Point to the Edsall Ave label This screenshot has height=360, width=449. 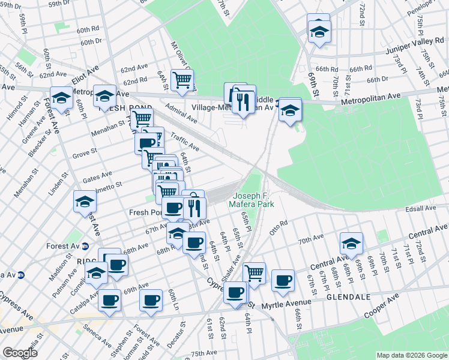point(421,208)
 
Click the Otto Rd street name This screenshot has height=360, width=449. point(279,228)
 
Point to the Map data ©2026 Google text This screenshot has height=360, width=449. point(411,355)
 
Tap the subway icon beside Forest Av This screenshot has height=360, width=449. point(85,246)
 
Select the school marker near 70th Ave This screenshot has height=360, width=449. point(351,243)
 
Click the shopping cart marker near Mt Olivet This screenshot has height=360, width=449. point(182,79)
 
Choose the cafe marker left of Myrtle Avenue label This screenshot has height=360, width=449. point(235,292)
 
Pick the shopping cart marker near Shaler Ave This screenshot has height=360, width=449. point(255,272)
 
